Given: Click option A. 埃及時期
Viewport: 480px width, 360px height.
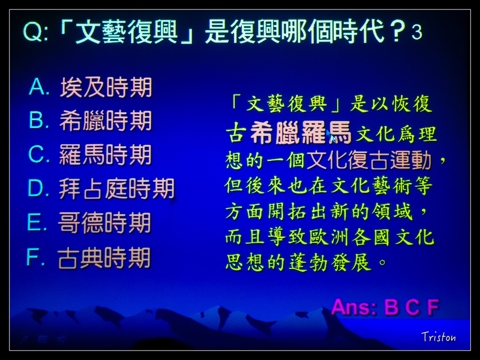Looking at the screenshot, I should coord(90,88).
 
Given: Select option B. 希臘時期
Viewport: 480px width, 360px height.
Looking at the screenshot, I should coord(90,121).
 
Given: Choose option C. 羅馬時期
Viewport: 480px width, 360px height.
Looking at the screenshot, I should coord(90,155).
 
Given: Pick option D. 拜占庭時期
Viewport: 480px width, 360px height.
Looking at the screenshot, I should coord(101,189).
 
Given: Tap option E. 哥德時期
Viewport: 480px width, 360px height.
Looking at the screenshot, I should coord(89,223).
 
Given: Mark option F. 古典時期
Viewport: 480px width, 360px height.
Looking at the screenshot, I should coord(89,258).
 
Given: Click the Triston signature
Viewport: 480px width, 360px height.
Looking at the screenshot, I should coord(438,337).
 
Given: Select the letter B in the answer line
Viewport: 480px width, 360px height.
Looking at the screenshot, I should coord(391,307).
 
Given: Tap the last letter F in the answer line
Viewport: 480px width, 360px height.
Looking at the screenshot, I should coord(433,307).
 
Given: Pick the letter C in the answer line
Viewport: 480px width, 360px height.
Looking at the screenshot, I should coord(412,307).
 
